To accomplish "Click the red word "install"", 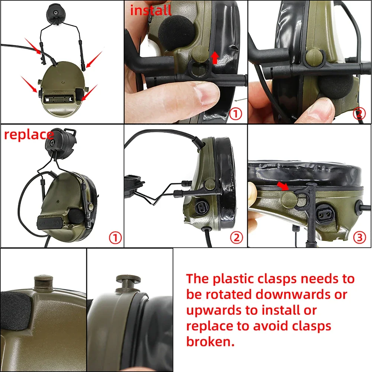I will (151, 10).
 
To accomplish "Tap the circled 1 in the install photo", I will (235, 113).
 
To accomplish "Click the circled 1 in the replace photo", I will (115, 237).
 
